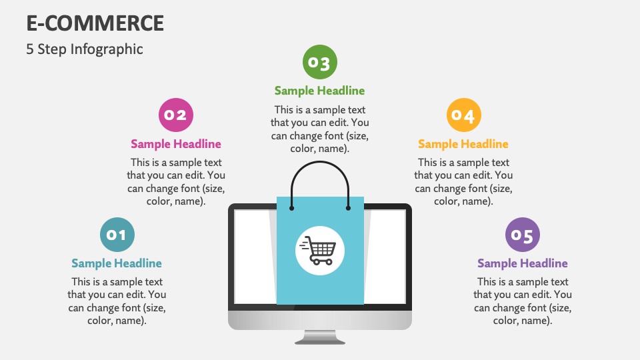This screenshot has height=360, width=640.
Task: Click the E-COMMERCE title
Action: pyautogui.click(x=95, y=23)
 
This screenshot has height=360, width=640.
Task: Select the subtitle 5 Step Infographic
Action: pyautogui.click(x=85, y=49)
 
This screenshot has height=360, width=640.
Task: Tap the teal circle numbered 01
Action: pyautogui.click(x=117, y=234)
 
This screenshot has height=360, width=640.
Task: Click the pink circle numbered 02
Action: pyautogui.click(x=176, y=115)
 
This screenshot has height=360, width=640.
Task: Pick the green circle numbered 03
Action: pyautogui.click(x=320, y=63)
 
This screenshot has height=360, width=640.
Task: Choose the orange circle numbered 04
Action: pyautogui.click(x=463, y=115)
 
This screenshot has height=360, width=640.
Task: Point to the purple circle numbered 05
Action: pyautogui.click(x=523, y=235)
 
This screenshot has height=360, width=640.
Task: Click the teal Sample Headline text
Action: pyautogui.click(x=117, y=263)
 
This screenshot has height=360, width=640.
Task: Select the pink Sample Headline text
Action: pyautogui.click(x=176, y=144)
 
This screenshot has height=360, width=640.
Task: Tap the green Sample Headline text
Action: pyautogui.click(x=320, y=91)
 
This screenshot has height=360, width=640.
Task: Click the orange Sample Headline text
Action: pyautogui.click(x=463, y=144)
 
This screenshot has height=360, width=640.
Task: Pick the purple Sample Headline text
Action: pyautogui.click(x=523, y=263)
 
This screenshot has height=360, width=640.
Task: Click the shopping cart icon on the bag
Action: pyautogui.click(x=320, y=251)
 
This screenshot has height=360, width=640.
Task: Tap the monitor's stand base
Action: pyautogui.click(x=320, y=338)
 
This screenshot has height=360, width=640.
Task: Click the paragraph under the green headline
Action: pyautogui.click(x=320, y=129)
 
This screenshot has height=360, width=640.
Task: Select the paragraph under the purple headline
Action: pyautogui.click(x=523, y=301)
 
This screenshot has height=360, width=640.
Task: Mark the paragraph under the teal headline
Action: pyautogui.click(x=117, y=301)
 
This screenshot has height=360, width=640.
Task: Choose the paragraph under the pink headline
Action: pyautogui.click(x=176, y=182)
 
